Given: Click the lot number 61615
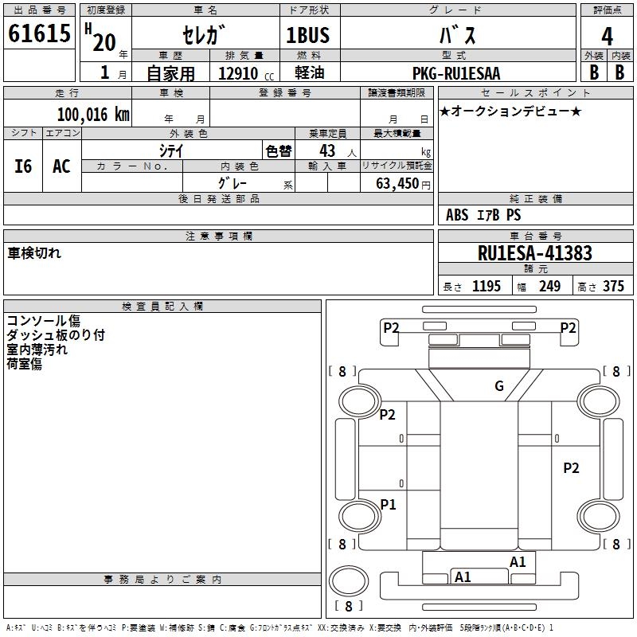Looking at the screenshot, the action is pos(39,33).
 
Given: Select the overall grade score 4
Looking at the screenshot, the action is pos(607,37).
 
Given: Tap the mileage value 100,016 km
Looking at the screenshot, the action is pos(93,115).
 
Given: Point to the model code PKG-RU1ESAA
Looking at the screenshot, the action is pos(456,73).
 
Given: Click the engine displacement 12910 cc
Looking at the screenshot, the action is pos(246,73).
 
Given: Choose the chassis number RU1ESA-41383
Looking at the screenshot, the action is pos(535,253).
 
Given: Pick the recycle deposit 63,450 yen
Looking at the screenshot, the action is pos(403,184).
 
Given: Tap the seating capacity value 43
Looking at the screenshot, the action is pos(327,150).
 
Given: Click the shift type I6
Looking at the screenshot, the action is pos(23,166).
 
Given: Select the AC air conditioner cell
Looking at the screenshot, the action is pos(62,166).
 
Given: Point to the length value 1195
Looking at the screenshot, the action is pos(487,286).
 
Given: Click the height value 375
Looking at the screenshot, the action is pos(613,286).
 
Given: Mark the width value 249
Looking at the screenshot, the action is pos(549,286).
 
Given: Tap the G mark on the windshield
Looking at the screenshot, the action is pos(499,385).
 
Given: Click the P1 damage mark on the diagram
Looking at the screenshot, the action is pos(388,505).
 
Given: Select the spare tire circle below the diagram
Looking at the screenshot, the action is pos(349,581).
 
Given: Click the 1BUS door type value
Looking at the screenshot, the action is pos(307,35).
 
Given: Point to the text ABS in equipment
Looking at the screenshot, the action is pos(457,214).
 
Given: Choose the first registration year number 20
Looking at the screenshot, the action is pos(104,42).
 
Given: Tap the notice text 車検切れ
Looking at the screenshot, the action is pos(34,253).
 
